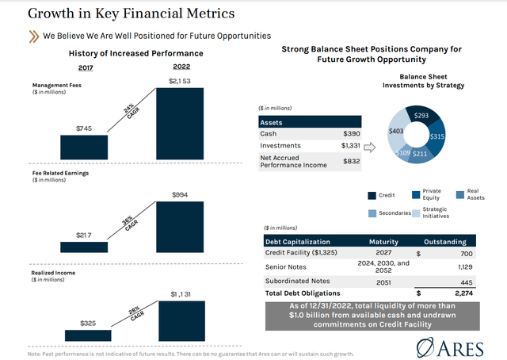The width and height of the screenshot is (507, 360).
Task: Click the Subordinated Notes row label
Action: tap(298, 280)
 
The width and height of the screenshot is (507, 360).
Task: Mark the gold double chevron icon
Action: tap(34, 36)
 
